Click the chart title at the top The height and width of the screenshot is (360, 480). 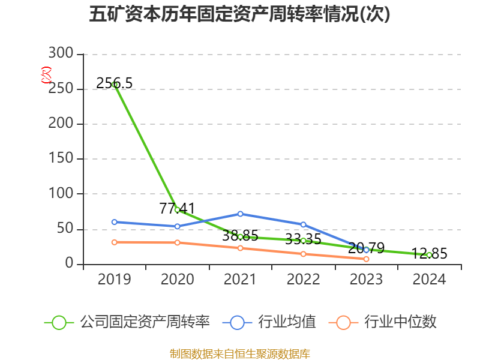tap(240, 14)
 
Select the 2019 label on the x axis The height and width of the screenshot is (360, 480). tap(114, 280)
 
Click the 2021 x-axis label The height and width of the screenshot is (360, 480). tap(240, 280)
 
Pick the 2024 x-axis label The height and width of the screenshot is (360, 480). tap(429, 280)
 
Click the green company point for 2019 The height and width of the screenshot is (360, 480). tap(114, 85)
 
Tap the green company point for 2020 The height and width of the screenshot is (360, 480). tap(177, 209)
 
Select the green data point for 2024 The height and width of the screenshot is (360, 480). tap(429, 255)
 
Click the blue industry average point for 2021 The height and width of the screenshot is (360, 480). tap(240, 214)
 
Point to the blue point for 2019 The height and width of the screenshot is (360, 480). tap(114, 222)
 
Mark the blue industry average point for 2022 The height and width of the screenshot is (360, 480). tap(303, 224)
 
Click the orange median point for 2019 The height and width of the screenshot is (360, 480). tap(114, 242)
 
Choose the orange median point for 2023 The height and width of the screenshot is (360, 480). tap(366, 259)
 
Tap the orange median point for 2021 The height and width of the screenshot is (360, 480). tap(240, 248)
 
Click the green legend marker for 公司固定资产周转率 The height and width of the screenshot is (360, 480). tap(59, 322)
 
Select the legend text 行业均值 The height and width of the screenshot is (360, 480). tap(287, 322)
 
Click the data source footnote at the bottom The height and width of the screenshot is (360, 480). tap(240, 353)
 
